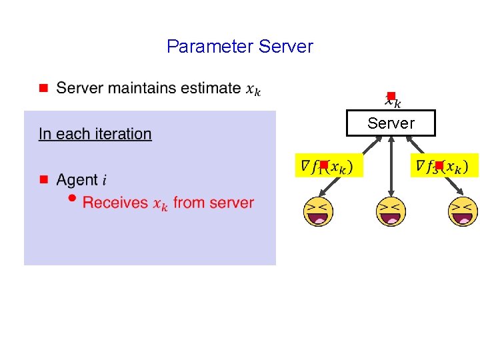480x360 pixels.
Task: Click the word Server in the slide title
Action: click(x=285, y=47)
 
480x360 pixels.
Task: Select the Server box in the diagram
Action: click(x=391, y=123)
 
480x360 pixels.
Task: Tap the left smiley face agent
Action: click(x=318, y=212)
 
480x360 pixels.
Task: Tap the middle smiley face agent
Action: click(x=391, y=212)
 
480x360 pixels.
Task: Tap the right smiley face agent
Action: click(x=463, y=212)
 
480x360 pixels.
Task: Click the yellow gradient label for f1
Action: click(x=329, y=165)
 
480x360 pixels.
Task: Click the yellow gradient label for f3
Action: click(x=445, y=165)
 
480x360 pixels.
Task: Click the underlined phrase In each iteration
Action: click(x=95, y=134)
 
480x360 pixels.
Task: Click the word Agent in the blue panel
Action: click(x=77, y=180)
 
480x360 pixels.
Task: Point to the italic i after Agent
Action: click(x=104, y=180)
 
